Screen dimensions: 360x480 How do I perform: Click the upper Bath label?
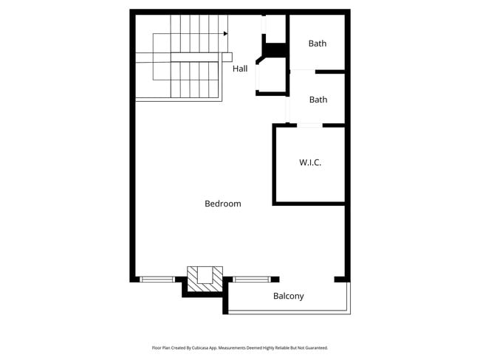tap(318, 44)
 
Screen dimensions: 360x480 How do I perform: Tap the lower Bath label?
tap(318, 100)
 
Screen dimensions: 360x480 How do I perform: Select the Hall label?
tap(240, 69)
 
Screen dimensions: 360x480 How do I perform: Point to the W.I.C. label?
tap(310, 162)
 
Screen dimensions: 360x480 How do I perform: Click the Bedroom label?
tap(222, 204)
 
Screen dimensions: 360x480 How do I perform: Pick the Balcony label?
tap(288, 297)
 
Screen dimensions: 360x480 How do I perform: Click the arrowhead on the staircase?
tap(225, 33)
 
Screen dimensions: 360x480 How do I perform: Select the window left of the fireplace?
tap(157, 280)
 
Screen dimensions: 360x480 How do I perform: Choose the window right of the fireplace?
tap(252, 280)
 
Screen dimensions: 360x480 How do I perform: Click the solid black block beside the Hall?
tap(275, 50)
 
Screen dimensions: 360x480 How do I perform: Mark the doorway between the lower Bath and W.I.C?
tap(310, 125)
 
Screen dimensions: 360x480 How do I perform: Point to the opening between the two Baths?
tap(302, 71)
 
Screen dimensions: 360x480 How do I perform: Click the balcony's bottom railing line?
tap(288, 314)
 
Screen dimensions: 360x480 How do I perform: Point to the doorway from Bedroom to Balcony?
tap(307, 280)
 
